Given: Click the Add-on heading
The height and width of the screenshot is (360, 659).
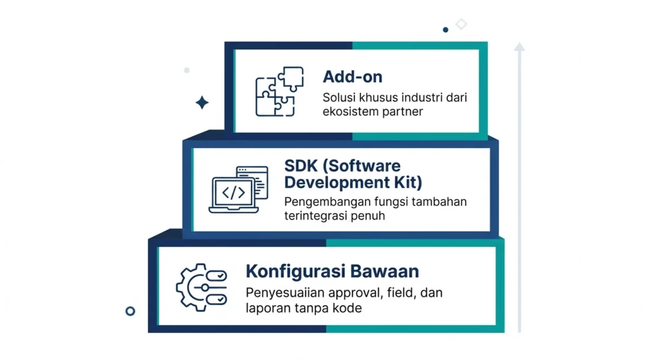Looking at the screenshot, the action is (353, 77).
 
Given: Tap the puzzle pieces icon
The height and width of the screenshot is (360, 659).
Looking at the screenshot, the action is (279, 91).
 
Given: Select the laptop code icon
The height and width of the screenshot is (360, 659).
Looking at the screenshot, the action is (238, 189).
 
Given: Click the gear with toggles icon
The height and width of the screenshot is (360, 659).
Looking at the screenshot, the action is (201, 288).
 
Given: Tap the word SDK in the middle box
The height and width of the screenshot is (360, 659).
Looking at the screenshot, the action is (301, 166).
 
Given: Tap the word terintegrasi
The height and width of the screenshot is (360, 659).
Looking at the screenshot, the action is (315, 216).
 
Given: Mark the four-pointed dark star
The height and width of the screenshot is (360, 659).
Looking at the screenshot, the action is (202, 102).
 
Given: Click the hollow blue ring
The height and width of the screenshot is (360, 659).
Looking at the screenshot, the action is (130, 311).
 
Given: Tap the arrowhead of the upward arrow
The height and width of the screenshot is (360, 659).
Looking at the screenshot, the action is (519, 46).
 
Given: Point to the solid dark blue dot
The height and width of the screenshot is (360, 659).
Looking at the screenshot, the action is (445, 30).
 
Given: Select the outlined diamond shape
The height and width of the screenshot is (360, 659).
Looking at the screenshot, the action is (461, 24).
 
